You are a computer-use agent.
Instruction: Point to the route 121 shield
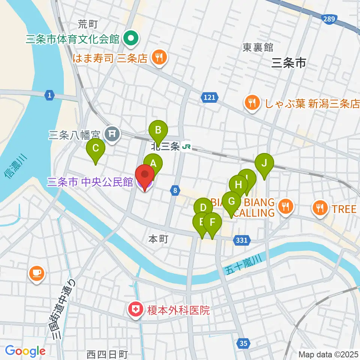click(x=210, y=97)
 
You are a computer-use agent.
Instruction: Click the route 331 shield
click(x=242, y=240)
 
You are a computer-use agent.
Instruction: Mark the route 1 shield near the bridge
click(x=49, y=95)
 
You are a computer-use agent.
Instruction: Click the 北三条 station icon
click(x=186, y=147)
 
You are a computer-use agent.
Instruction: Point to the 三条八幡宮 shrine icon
click(x=112, y=133)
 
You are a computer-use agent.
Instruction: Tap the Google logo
click(x=25, y=351)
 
